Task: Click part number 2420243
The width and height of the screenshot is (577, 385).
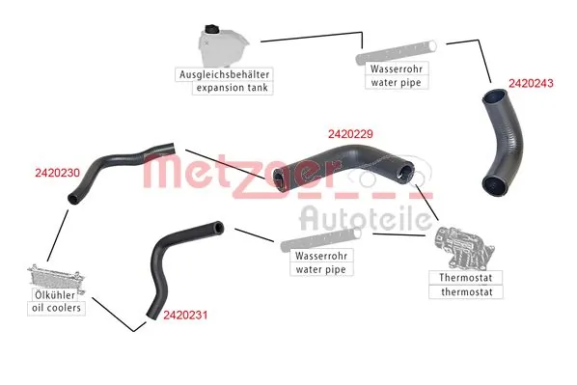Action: (530, 84)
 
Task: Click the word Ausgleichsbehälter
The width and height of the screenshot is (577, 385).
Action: (224, 73)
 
